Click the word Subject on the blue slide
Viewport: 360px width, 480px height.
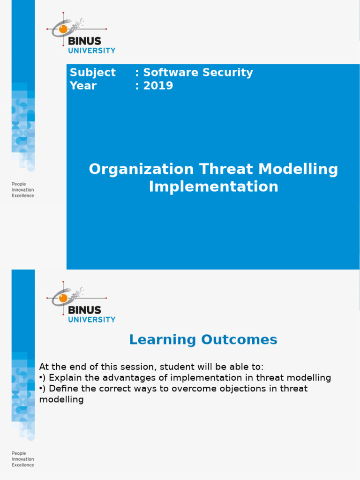(x=92, y=73)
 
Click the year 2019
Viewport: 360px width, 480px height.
(x=158, y=86)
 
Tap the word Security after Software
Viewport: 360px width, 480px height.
(x=226, y=73)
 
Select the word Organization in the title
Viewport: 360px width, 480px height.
(x=141, y=169)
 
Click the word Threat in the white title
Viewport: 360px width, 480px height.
(x=223, y=169)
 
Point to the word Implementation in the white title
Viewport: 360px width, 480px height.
(x=213, y=187)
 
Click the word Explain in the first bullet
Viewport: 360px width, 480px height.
(x=64, y=378)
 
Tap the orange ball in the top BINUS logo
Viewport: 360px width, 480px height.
(x=63, y=29)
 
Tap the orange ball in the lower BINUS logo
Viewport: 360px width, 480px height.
(x=63, y=298)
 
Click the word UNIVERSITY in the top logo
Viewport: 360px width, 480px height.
(x=92, y=50)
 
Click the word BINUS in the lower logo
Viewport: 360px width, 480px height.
(x=84, y=310)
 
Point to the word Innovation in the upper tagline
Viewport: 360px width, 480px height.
(x=22, y=190)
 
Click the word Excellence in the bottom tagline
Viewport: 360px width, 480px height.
(x=22, y=465)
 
